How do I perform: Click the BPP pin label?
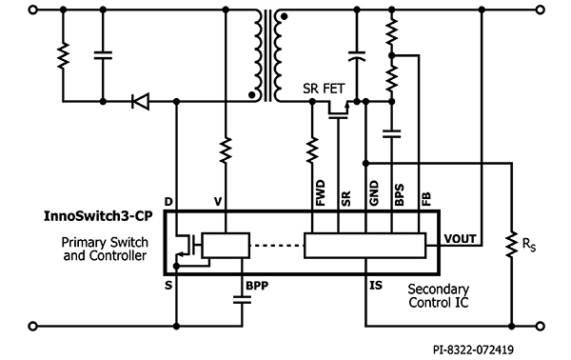coord(257,284)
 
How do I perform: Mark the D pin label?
coord(168,202)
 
